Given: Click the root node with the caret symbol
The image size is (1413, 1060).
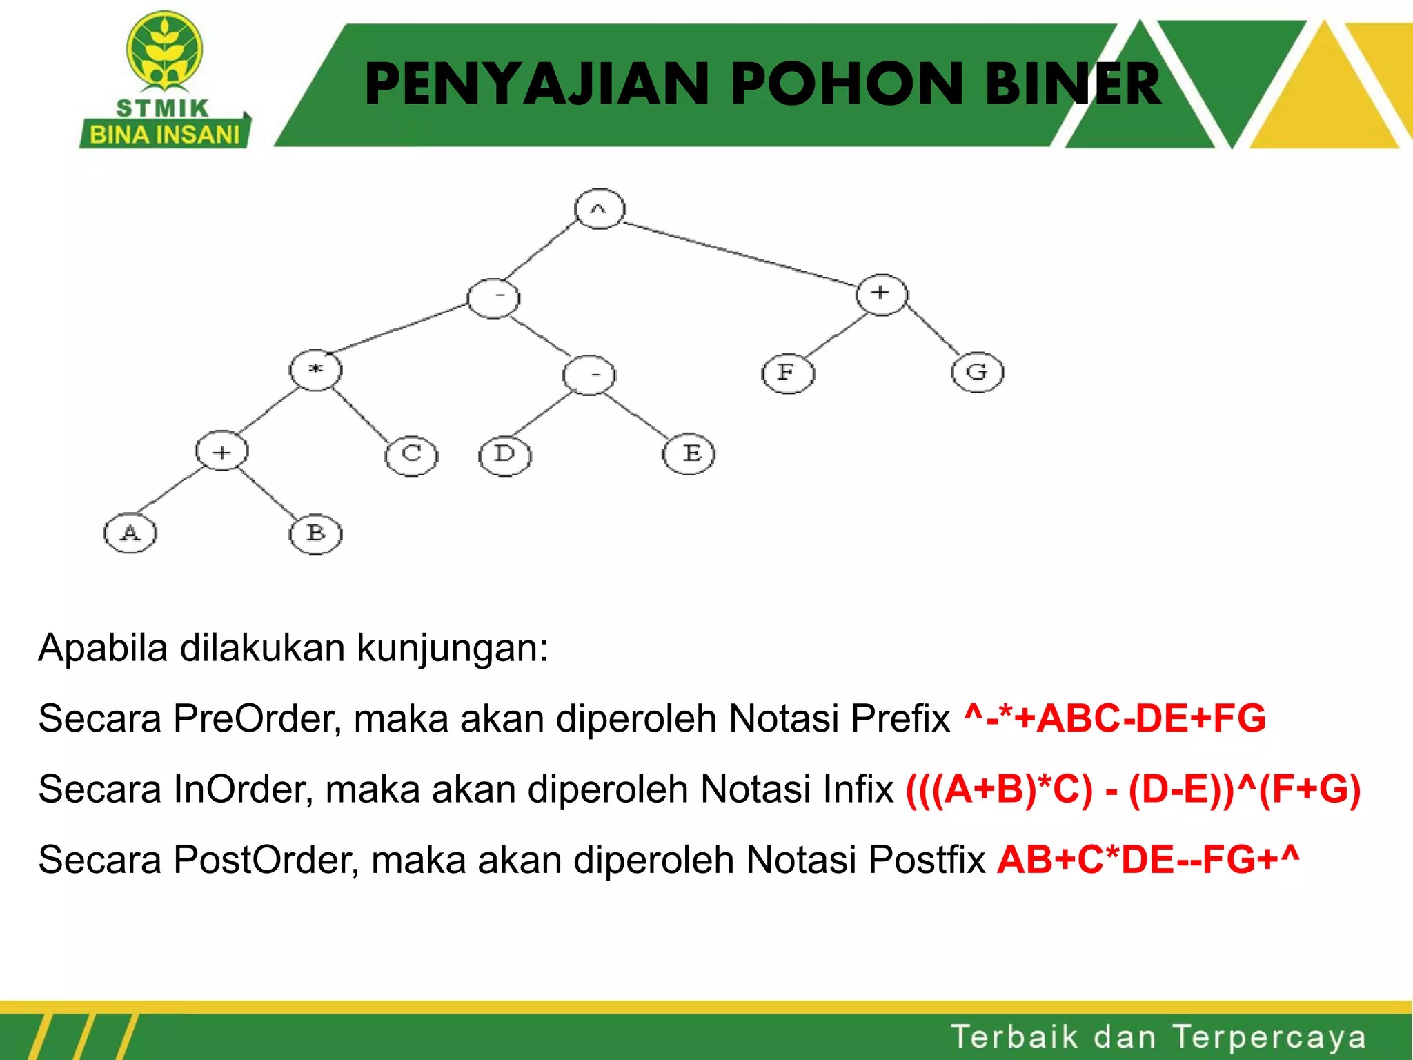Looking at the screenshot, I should [x=600, y=208].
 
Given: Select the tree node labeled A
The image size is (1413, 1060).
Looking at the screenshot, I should [x=130, y=533].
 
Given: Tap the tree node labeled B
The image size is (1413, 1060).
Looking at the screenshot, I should [x=315, y=533].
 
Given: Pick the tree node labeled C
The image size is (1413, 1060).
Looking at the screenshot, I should [x=411, y=455].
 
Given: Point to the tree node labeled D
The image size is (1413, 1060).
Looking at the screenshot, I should [x=505, y=455].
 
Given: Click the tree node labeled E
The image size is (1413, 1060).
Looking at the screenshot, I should [x=689, y=453].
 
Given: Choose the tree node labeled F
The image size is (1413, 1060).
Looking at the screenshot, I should [x=788, y=373].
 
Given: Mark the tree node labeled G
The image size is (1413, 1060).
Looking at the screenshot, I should [x=977, y=373].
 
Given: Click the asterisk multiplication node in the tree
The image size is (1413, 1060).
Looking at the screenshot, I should [x=315, y=370].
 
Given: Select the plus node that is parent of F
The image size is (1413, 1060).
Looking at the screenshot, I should [x=881, y=293].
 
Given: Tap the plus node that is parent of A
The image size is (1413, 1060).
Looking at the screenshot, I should [x=221, y=452].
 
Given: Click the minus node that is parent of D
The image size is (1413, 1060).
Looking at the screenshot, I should [x=589, y=375].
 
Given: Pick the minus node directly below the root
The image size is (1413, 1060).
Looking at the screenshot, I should [x=493, y=297].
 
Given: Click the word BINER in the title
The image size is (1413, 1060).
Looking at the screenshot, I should [x=1074, y=84].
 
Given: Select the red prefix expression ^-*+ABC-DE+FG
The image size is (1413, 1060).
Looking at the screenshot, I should [x=1114, y=718].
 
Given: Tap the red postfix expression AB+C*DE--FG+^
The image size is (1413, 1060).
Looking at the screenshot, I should [x=1148, y=859].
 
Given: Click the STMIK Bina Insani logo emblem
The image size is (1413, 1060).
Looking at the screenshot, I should [x=164, y=52].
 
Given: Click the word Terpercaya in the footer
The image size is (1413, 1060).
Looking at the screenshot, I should [x=1269, y=1037].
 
